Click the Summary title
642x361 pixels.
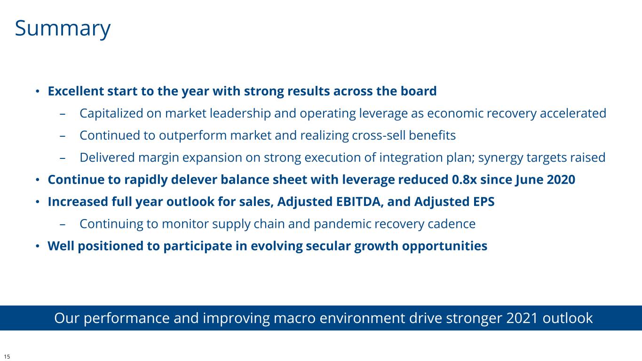click(x=63, y=29)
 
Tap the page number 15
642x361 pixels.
click(x=7, y=356)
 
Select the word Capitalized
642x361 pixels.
click(x=111, y=113)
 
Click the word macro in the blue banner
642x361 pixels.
click(x=294, y=318)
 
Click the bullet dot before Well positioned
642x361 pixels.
click(x=37, y=246)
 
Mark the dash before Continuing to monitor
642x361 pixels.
click(x=63, y=224)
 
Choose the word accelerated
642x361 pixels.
click(x=573, y=113)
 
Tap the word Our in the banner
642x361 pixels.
click(x=66, y=318)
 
